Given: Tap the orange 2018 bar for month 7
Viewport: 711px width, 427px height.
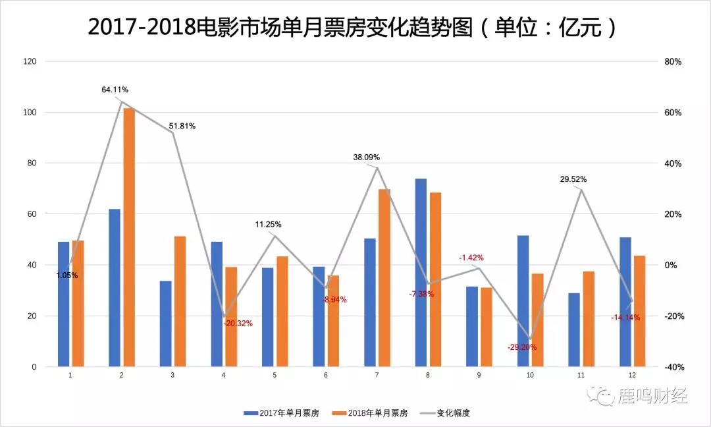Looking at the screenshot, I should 384,277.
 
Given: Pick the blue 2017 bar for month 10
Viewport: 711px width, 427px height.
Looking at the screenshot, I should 523,300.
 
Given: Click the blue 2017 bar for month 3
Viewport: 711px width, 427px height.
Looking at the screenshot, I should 165,324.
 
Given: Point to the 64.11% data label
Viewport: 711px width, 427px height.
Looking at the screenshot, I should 115,89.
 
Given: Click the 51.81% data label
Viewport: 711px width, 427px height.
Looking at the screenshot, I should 182,126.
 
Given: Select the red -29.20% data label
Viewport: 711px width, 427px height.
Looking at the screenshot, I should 522,347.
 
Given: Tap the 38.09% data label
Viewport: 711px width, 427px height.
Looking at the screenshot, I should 366,157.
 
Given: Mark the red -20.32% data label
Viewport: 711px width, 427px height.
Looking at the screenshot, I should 238,324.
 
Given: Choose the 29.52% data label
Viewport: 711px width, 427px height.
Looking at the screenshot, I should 573,179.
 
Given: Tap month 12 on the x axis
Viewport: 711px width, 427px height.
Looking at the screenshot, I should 632,375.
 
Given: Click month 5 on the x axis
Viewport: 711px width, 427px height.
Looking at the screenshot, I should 275,375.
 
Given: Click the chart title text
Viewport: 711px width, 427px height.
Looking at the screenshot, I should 355,27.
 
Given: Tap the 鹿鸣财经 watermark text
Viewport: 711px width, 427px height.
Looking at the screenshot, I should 651,396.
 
